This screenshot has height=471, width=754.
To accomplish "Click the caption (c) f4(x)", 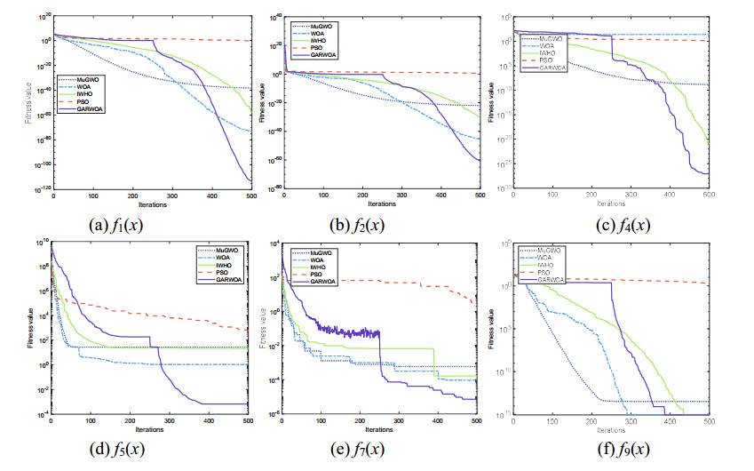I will click(613, 224).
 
